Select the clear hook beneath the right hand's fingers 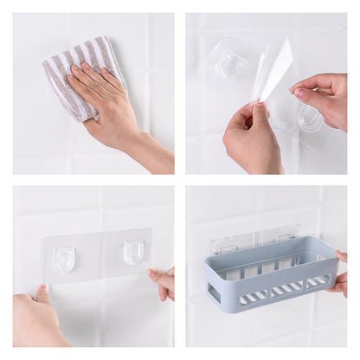(310, 119)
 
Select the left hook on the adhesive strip (64, 257)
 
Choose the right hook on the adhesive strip (133, 251)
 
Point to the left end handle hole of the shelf (214, 292)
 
